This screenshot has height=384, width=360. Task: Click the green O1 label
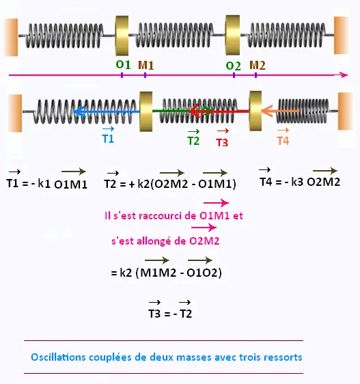[123, 65]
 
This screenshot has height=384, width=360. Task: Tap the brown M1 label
[146, 65]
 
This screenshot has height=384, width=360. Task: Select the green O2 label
[233, 66]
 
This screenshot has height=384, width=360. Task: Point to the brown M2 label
[258, 65]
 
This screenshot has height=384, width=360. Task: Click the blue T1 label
[108, 139]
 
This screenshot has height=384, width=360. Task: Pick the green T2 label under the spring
[193, 141]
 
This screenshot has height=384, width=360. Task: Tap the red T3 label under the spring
[222, 142]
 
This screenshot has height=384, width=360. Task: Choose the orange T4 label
[283, 141]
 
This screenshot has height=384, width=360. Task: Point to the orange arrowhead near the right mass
[266, 111]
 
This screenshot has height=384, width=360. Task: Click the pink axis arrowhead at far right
[344, 75]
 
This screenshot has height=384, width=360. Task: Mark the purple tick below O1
[122, 75]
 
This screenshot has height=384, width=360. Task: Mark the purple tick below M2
[256, 75]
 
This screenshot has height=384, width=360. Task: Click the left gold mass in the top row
[122, 36]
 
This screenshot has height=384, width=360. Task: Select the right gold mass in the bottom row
[255, 111]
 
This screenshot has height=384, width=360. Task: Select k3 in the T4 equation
[297, 182]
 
